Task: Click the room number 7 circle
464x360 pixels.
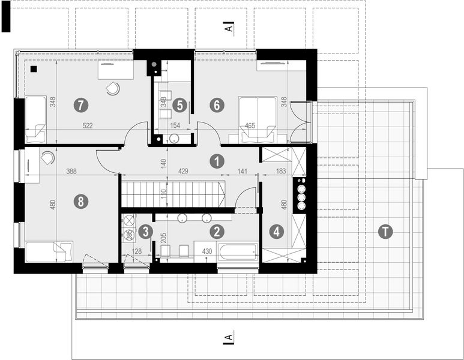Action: (x=80, y=105)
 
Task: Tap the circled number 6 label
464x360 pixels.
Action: (x=217, y=105)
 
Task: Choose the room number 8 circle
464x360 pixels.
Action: (x=79, y=202)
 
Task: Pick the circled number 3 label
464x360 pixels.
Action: (x=145, y=230)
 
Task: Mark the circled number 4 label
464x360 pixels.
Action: (x=276, y=230)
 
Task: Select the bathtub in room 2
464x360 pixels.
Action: (x=238, y=251)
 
